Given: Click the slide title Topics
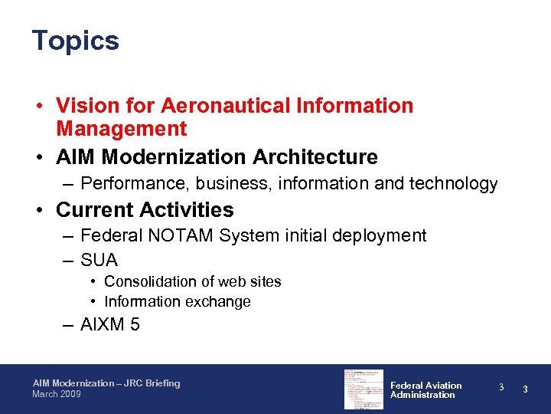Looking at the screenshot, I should [x=75, y=41].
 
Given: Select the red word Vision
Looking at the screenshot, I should [x=87, y=106].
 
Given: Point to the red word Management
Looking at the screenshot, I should [x=121, y=128].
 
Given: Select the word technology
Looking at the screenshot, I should [x=453, y=184].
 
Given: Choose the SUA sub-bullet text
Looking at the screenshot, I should [x=99, y=261].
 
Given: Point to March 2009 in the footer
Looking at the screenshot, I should [x=56, y=394].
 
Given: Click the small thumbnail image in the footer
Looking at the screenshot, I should [x=364, y=389].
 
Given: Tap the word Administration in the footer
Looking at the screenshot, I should [x=422, y=395].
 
